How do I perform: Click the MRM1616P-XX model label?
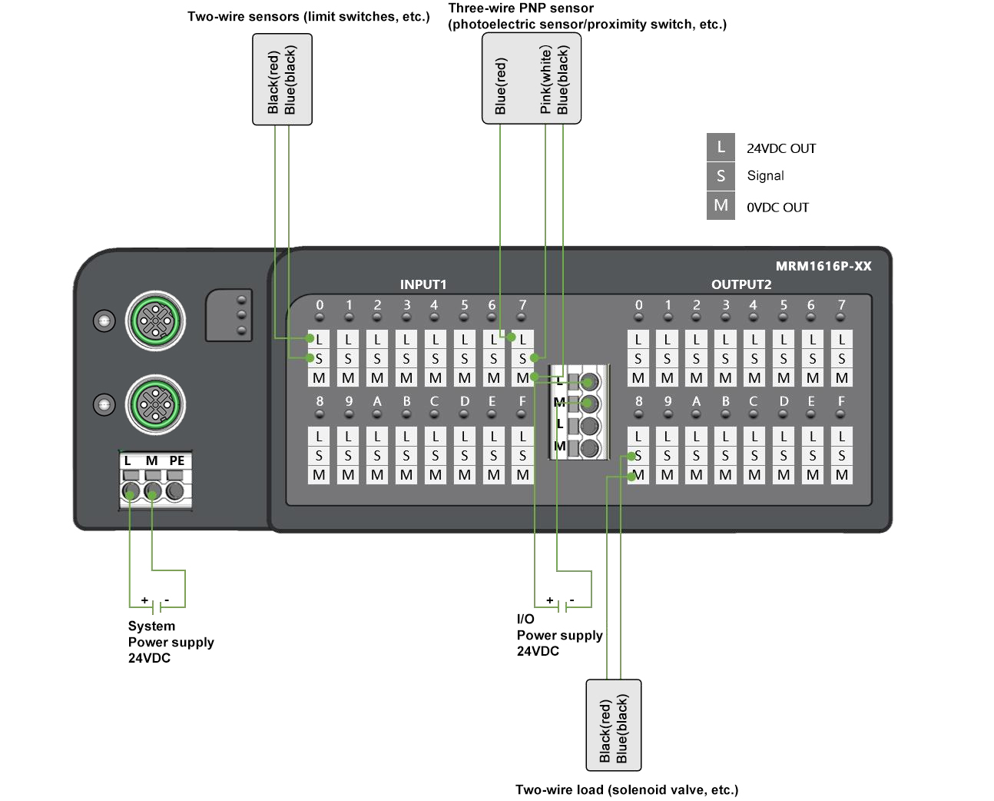point(823,266)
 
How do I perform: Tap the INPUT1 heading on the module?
point(422,284)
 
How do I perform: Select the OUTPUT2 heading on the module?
point(741,284)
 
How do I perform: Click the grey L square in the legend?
point(721,148)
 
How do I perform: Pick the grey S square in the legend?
point(721,176)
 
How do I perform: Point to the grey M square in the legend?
point(721,205)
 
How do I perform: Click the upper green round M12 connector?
point(156,320)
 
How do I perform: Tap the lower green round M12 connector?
point(156,404)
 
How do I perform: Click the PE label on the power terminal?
point(177,460)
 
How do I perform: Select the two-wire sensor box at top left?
point(282,79)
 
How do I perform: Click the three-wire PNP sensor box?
point(531,78)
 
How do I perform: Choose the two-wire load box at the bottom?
point(613,725)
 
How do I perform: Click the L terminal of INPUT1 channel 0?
point(319,339)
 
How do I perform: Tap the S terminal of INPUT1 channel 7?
point(522,358)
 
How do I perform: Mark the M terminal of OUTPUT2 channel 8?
point(638,475)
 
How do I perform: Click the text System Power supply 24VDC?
point(171,642)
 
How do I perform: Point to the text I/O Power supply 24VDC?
point(558,635)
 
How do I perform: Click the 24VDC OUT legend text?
point(780,148)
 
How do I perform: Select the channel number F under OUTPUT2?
point(841,401)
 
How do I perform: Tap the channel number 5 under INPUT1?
point(464,305)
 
